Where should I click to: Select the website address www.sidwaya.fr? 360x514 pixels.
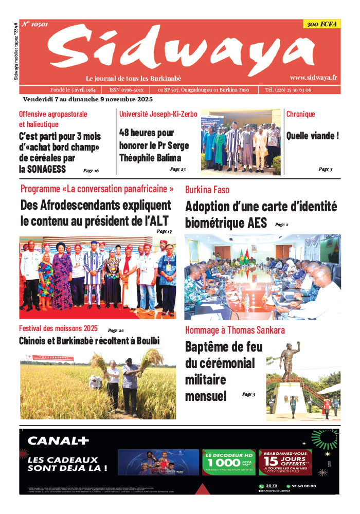click(313, 77)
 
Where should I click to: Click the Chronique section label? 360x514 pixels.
click(300, 114)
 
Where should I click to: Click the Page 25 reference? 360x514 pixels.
click(177, 169)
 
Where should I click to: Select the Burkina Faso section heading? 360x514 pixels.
click(207, 190)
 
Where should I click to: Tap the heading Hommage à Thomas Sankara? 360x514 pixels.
click(235, 330)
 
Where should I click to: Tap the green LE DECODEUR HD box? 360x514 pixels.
click(228, 461)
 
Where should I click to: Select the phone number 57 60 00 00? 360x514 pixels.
click(302, 486)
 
